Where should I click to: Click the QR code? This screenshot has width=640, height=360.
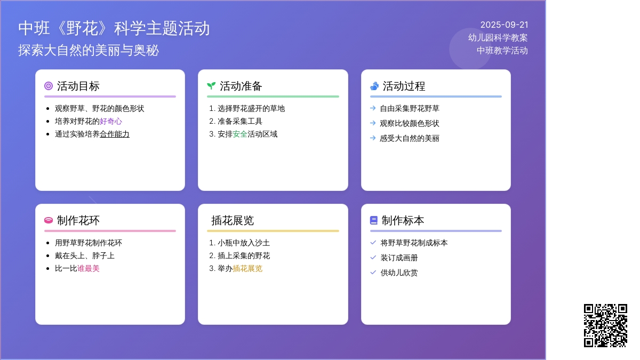click(x=605, y=325)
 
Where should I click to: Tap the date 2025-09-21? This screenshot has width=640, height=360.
click(x=504, y=25)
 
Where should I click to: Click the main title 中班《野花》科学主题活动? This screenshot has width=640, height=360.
click(x=114, y=28)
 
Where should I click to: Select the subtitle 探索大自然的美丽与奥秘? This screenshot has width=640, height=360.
click(x=89, y=51)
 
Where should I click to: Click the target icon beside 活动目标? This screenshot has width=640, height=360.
click(x=49, y=86)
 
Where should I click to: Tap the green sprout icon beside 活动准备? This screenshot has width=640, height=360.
click(x=211, y=86)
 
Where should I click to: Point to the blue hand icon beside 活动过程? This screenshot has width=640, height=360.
click(x=374, y=86)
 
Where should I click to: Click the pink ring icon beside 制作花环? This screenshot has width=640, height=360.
click(x=49, y=220)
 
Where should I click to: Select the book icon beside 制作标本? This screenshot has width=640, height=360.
click(x=374, y=220)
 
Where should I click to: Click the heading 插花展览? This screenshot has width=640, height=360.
click(x=233, y=220)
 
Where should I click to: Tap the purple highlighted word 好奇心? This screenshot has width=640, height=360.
click(x=111, y=121)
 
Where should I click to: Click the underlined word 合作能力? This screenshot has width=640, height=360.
click(x=115, y=134)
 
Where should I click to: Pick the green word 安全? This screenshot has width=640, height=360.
click(x=240, y=134)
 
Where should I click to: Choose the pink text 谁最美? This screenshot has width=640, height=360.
click(x=89, y=268)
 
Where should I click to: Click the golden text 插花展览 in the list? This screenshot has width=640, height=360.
click(x=247, y=268)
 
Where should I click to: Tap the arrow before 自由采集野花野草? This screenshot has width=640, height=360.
click(x=373, y=108)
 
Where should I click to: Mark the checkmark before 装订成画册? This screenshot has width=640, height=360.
click(x=373, y=258)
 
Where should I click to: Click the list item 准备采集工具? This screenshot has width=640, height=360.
click(x=240, y=121)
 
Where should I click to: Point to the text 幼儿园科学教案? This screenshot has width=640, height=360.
click(x=498, y=38)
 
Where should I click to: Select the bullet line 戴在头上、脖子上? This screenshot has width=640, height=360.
click(x=85, y=255)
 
